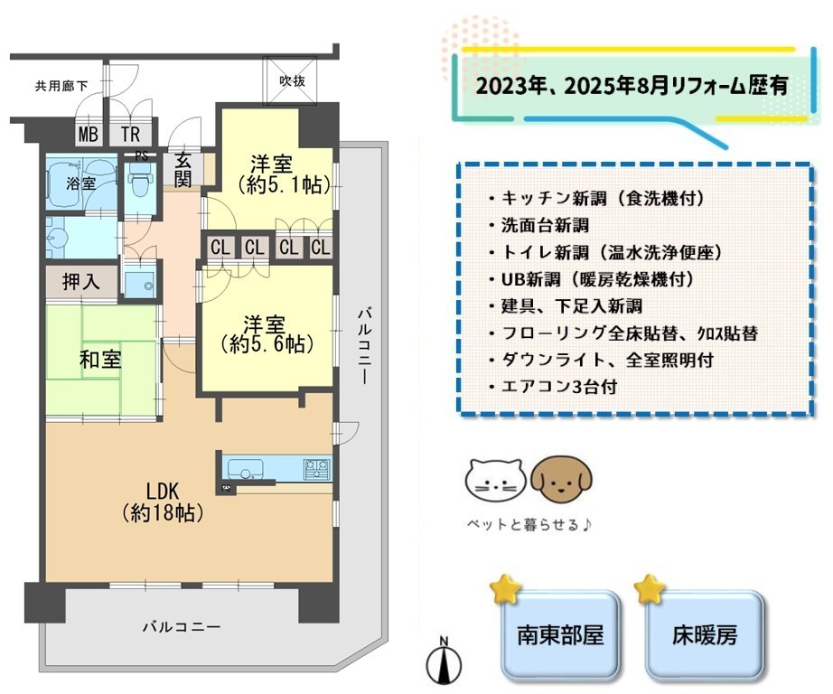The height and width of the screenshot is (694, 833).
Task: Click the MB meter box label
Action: pos(89,134)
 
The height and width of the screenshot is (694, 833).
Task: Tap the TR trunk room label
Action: pos(130,134)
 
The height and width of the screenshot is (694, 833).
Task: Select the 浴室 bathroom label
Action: pos(80,183)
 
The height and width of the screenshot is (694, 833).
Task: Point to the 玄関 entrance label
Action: pos(183,170)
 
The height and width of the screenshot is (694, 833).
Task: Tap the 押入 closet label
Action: pos(80,281)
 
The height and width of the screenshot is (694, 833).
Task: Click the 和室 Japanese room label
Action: pos(100,360)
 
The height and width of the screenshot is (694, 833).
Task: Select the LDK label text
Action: pos(163,491)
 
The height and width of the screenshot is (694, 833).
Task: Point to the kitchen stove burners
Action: pos(316,469)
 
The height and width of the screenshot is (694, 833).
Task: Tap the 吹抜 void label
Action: pos(292,80)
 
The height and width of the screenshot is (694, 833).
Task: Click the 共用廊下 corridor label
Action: pos(61,86)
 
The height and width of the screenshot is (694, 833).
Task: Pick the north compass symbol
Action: pos(445,660)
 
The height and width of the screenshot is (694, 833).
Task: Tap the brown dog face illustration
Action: pos(562,479)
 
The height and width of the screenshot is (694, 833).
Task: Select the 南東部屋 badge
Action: pos(560,634)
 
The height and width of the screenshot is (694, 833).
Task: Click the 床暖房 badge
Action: pos(705,634)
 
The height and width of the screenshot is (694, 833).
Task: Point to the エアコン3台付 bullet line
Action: pos(554,387)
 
